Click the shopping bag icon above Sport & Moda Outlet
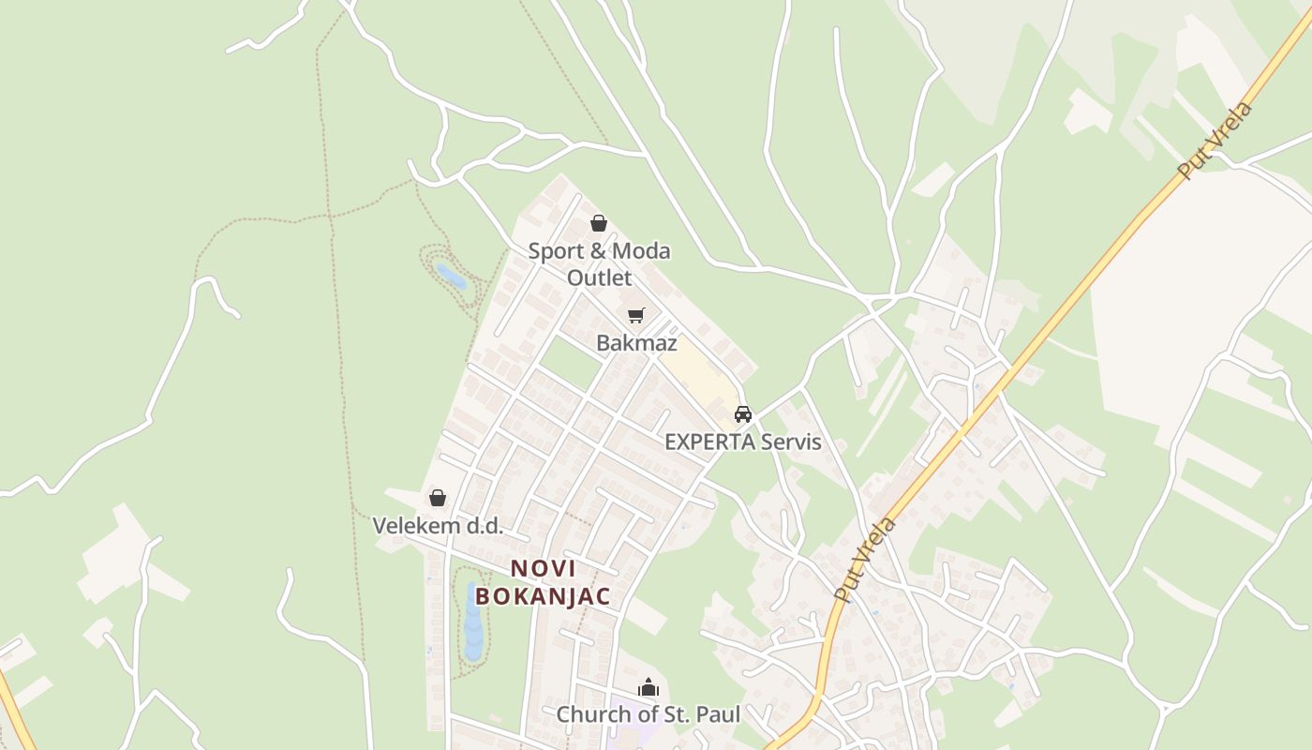tap(599, 223)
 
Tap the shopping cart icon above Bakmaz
tap(636, 315)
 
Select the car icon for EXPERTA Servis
tap(743, 413)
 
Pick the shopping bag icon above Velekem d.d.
tap(438, 498)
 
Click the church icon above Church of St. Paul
tap(649, 688)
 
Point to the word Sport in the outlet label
tap(554, 251)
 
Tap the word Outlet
tap(599, 278)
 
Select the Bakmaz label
tap(636, 343)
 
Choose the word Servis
tap(791, 442)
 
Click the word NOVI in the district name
tap(544, 568)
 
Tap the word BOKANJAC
tap(544, 596)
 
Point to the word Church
tap(590, 715)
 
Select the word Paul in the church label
tap(718, 715)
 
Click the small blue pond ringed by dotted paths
tap(451, 276)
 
